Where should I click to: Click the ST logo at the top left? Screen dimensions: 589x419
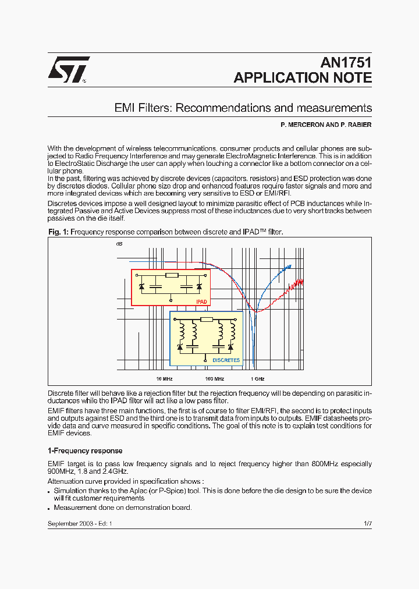coord(68,69)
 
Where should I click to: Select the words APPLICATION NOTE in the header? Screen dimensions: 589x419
coord(303,78)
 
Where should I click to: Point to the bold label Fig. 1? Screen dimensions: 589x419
coord(58,232)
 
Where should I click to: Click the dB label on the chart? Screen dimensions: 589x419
coord(119,244)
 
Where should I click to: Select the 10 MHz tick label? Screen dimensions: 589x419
coord(164,378)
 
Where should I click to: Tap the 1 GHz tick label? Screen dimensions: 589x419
coord(257,378)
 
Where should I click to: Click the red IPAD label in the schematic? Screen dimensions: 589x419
coord(201,302)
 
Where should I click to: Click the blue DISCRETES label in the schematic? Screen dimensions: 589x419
coord(226,360)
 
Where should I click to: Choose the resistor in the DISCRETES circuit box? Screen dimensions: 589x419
coord(207,320)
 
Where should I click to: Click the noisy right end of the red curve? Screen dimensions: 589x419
coord(301,281)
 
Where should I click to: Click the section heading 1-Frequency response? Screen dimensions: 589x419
coord(85,450)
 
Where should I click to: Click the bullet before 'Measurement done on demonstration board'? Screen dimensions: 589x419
coord(49,508)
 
